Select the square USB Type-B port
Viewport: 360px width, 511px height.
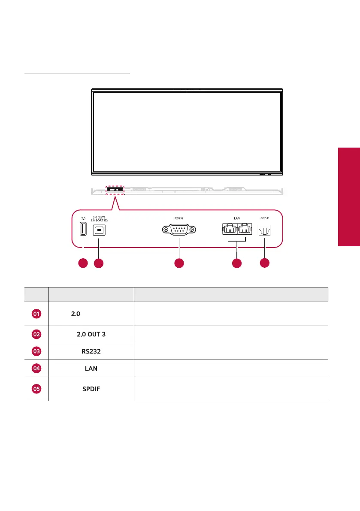[99, 230]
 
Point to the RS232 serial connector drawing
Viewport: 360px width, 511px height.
[179, 230]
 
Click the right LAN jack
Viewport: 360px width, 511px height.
[244, 230]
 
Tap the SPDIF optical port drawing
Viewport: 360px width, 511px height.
[265, 231]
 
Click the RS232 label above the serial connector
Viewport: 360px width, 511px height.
[179, 218]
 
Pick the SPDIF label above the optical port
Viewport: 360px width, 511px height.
[265, 218]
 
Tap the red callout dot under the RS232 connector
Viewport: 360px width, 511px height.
[179, 263]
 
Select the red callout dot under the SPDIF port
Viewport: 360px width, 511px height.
[265, 263]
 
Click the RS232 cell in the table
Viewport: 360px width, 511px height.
[91, 351]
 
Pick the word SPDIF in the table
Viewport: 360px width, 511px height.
[92, 389]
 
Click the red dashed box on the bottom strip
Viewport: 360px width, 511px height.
[115, 189]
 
